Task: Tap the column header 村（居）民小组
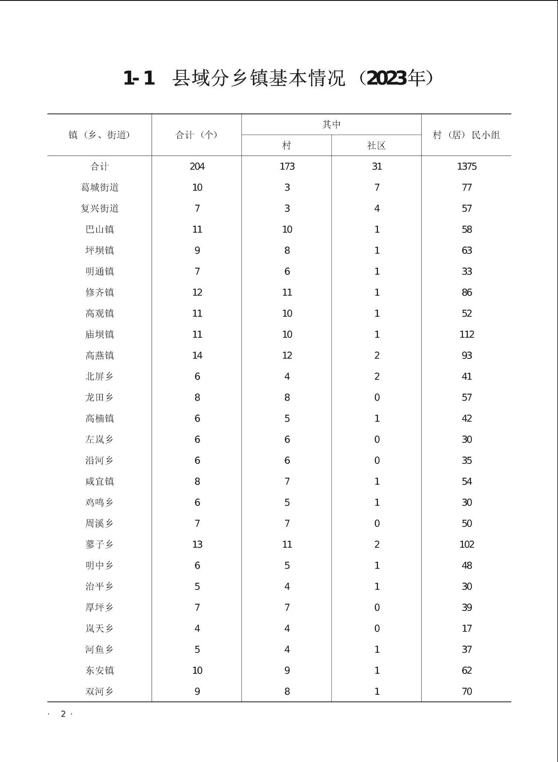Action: [x=466, y=135]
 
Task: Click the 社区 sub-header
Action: [x=376, y=146]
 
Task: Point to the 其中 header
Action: [x=331, y=125]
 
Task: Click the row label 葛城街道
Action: [x=100, y=187]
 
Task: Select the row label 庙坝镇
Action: [x=100, y=334]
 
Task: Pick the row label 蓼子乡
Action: [x=100, y=544]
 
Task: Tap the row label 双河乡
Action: [x=100, y=691]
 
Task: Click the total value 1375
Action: [x=467, y=167]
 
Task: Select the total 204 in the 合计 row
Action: [x=197, y=167]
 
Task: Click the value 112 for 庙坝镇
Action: [x=467, y=334]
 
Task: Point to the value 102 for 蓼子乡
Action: [x=467, y=544]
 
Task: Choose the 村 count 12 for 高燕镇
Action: [x=287, y=356]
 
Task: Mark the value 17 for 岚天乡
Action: [x=467, y=628]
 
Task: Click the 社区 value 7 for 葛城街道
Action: [x=377, y=187]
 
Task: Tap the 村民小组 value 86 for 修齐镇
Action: [x=467, y=292]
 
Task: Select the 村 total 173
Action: [x=287, y=167]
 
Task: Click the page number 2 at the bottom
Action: [x=63, y=714]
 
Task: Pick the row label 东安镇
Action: [x=100, y=670]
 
